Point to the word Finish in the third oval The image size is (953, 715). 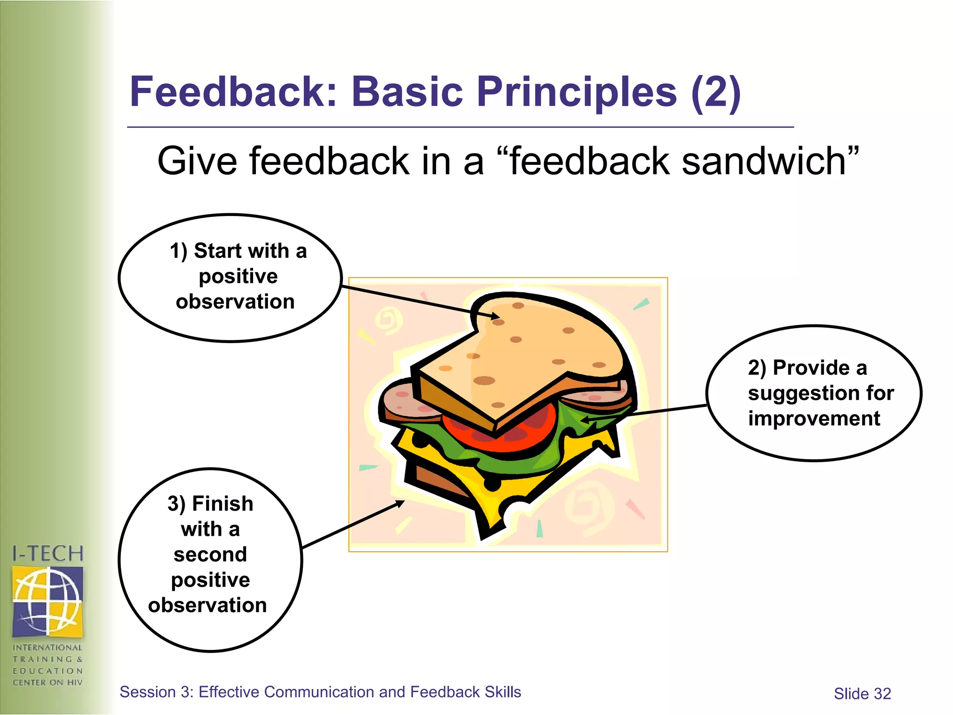222,504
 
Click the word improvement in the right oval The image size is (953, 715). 814,418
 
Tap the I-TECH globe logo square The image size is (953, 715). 47,601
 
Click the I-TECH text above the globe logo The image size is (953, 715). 47,554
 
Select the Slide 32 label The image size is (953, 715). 862,694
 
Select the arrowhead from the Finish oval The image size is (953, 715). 400,503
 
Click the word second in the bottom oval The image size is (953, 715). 210,554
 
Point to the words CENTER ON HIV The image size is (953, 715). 47,682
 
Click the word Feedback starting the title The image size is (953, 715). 233,92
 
